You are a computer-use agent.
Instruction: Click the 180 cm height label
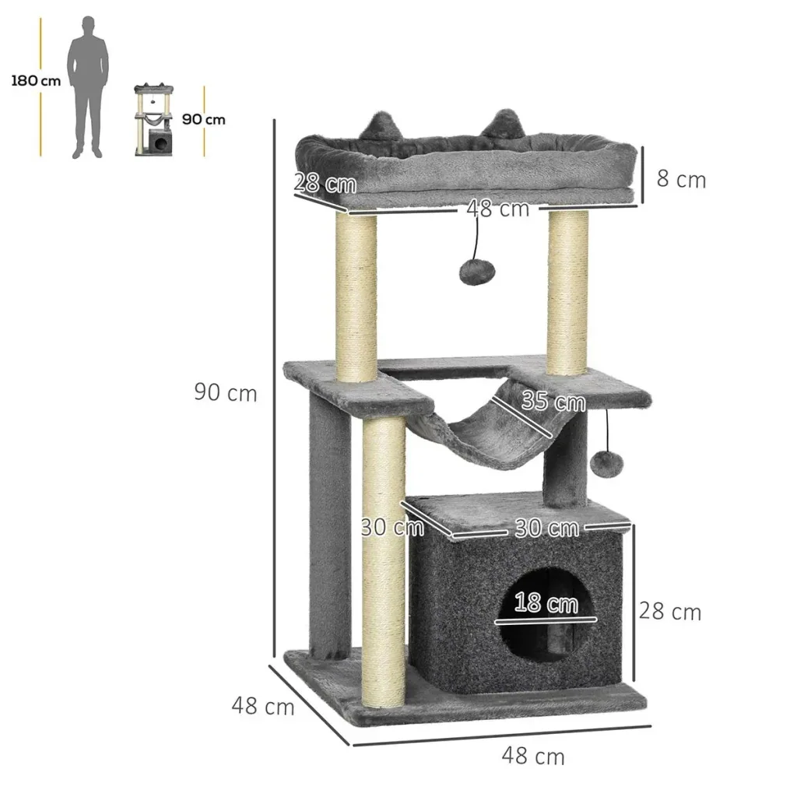point(36,81)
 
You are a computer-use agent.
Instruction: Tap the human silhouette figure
point(88,87)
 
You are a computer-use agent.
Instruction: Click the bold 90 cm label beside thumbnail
point(203,119)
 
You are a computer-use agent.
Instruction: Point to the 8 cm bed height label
point(681,179)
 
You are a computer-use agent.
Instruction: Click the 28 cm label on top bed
point(325,183)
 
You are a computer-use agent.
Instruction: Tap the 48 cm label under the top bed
point(498,209)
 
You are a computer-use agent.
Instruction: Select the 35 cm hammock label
point(553,402)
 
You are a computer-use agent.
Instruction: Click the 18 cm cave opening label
point(546,603)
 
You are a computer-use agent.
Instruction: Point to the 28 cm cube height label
point(670,611)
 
